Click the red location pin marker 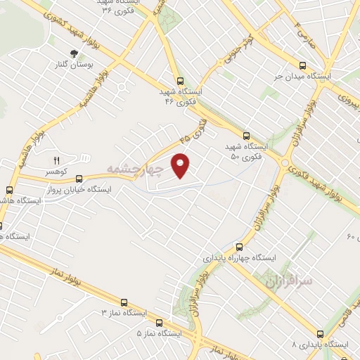[x=181, y=166]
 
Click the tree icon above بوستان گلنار [x=73, y=53]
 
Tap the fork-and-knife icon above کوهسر [x=57, y=160]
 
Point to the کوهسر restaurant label [x=57, y=172]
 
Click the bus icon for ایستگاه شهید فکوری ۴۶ [x=181, y=81]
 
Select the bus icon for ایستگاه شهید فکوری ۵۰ [x=246, y=136]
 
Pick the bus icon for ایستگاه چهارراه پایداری [x=239, y=247]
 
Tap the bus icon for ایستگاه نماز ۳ [x=125, y=300]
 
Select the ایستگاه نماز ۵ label [x=159, y=332]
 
